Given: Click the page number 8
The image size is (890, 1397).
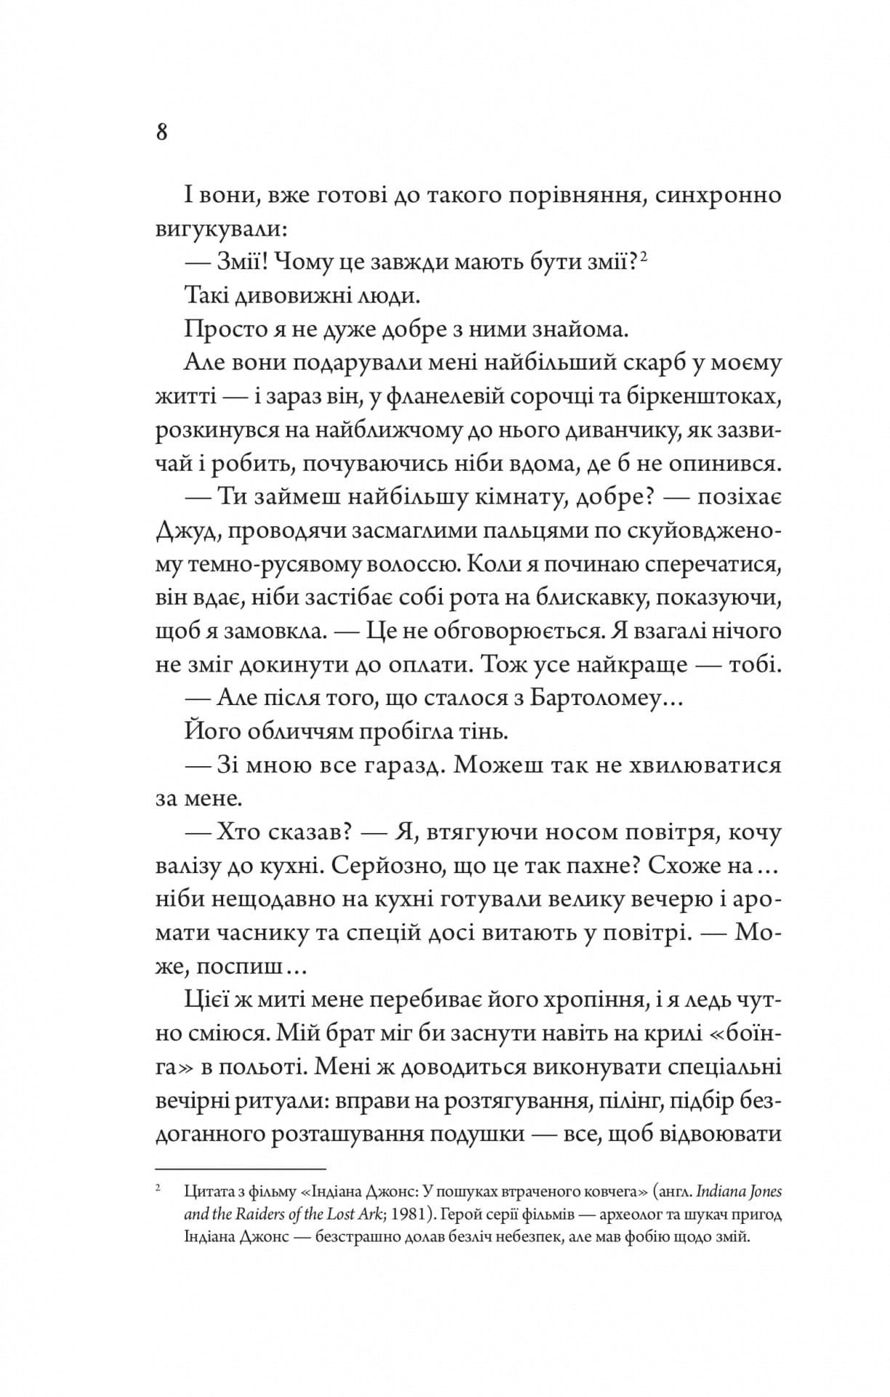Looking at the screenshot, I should pyautogui.click(x=161, y=132).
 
